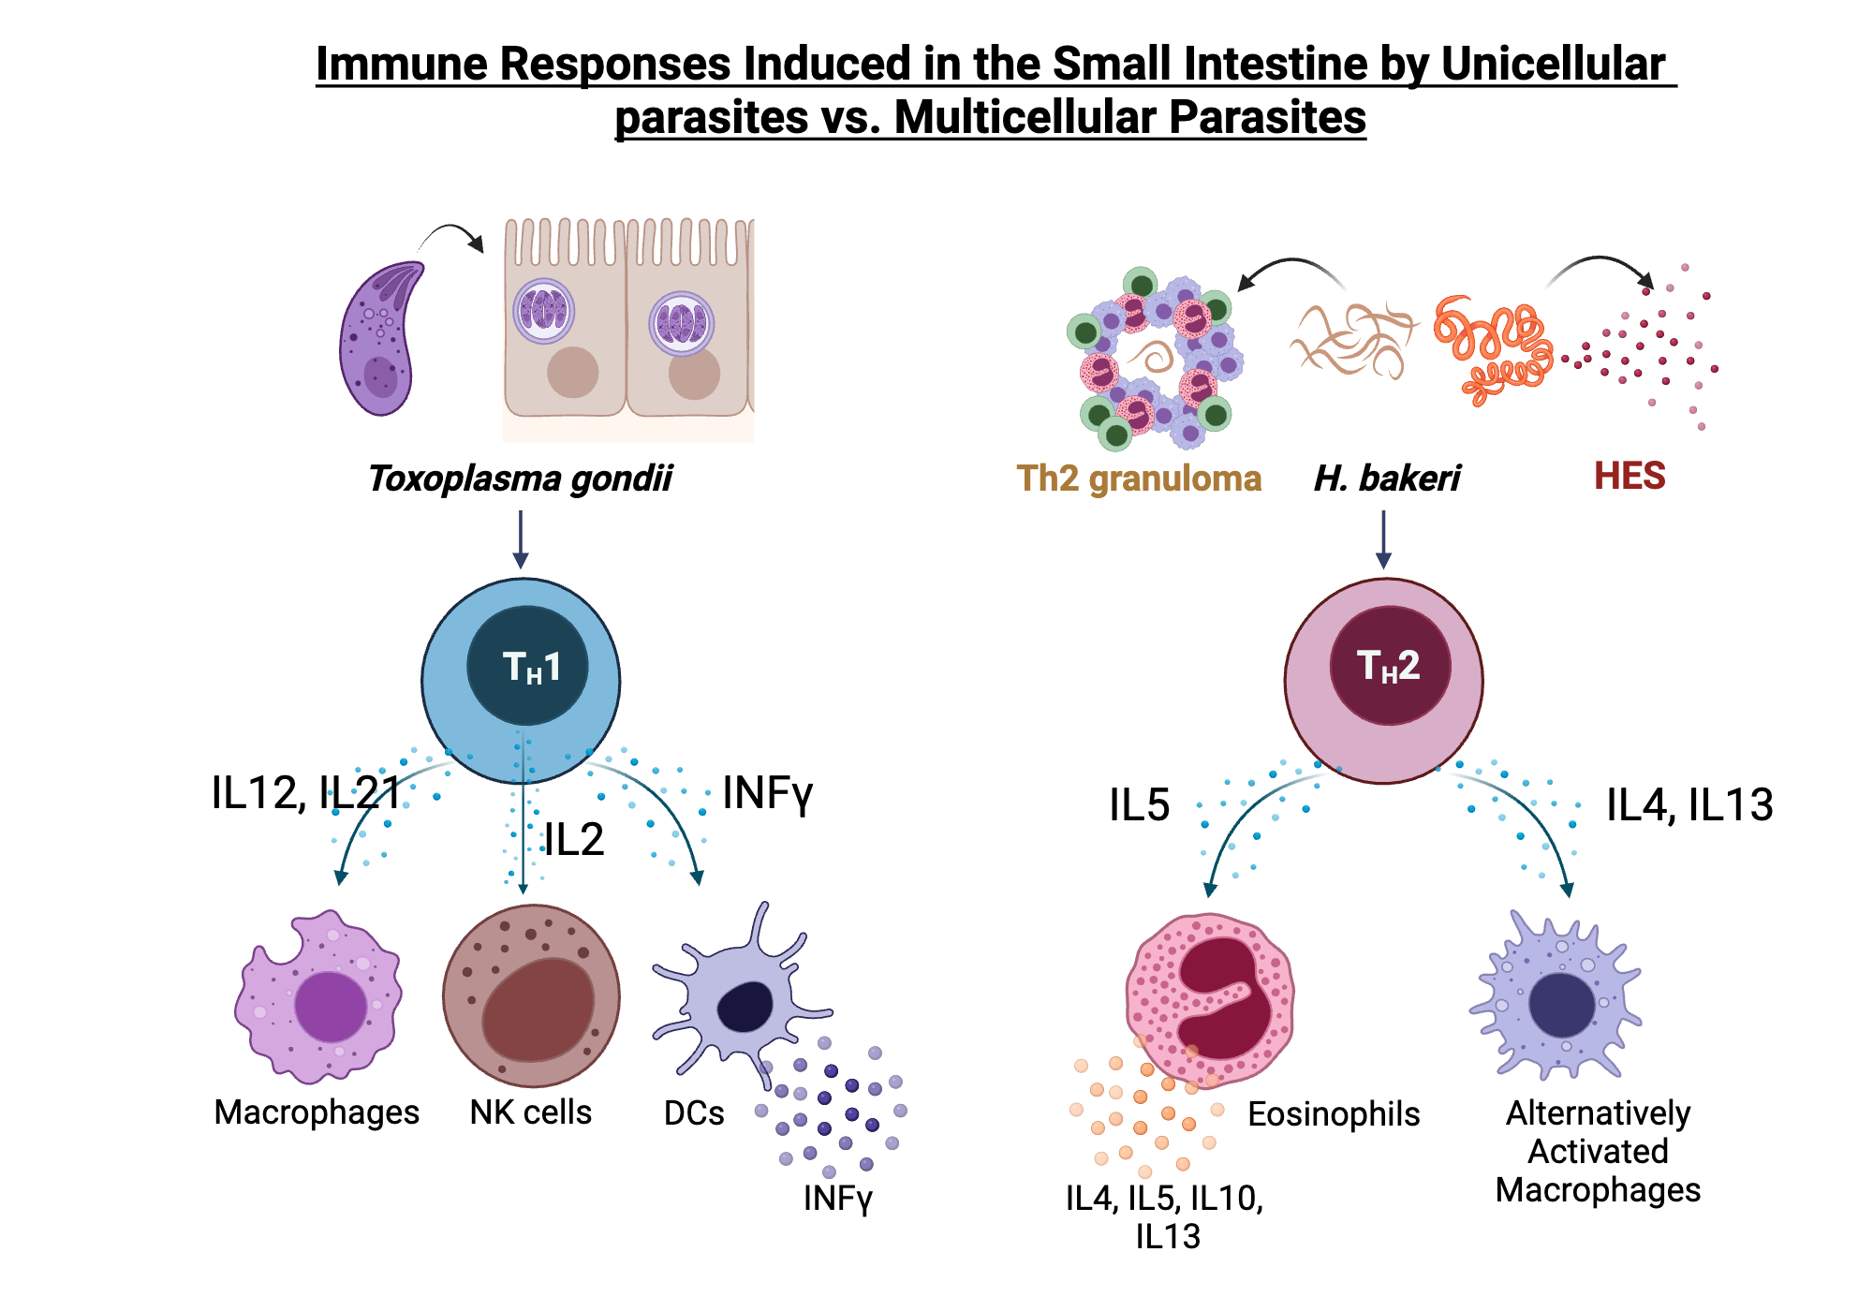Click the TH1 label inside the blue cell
tap(531, 667)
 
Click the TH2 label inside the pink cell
tap(1389, 666)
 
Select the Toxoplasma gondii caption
tap(520, 479)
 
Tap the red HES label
tap(1630, 476)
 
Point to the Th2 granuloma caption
tap(1139, 479)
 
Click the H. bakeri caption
tap(1387, 479)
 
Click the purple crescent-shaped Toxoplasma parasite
tap(379, 339)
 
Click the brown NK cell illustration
tap(531, 995)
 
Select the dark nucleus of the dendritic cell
tap(745, 1008)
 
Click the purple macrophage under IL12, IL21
tap(318, 998)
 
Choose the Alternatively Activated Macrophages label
tap(1598, 1151)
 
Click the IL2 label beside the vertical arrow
tap(574, 839)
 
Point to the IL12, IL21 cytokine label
tap(305, 793)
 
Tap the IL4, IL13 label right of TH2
tap(1689, 805)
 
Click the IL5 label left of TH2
tap(1139, 805)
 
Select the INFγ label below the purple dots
tap(837, 1198)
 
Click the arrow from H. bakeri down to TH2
tap(1383, 539)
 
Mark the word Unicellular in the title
tap(1553, 65)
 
